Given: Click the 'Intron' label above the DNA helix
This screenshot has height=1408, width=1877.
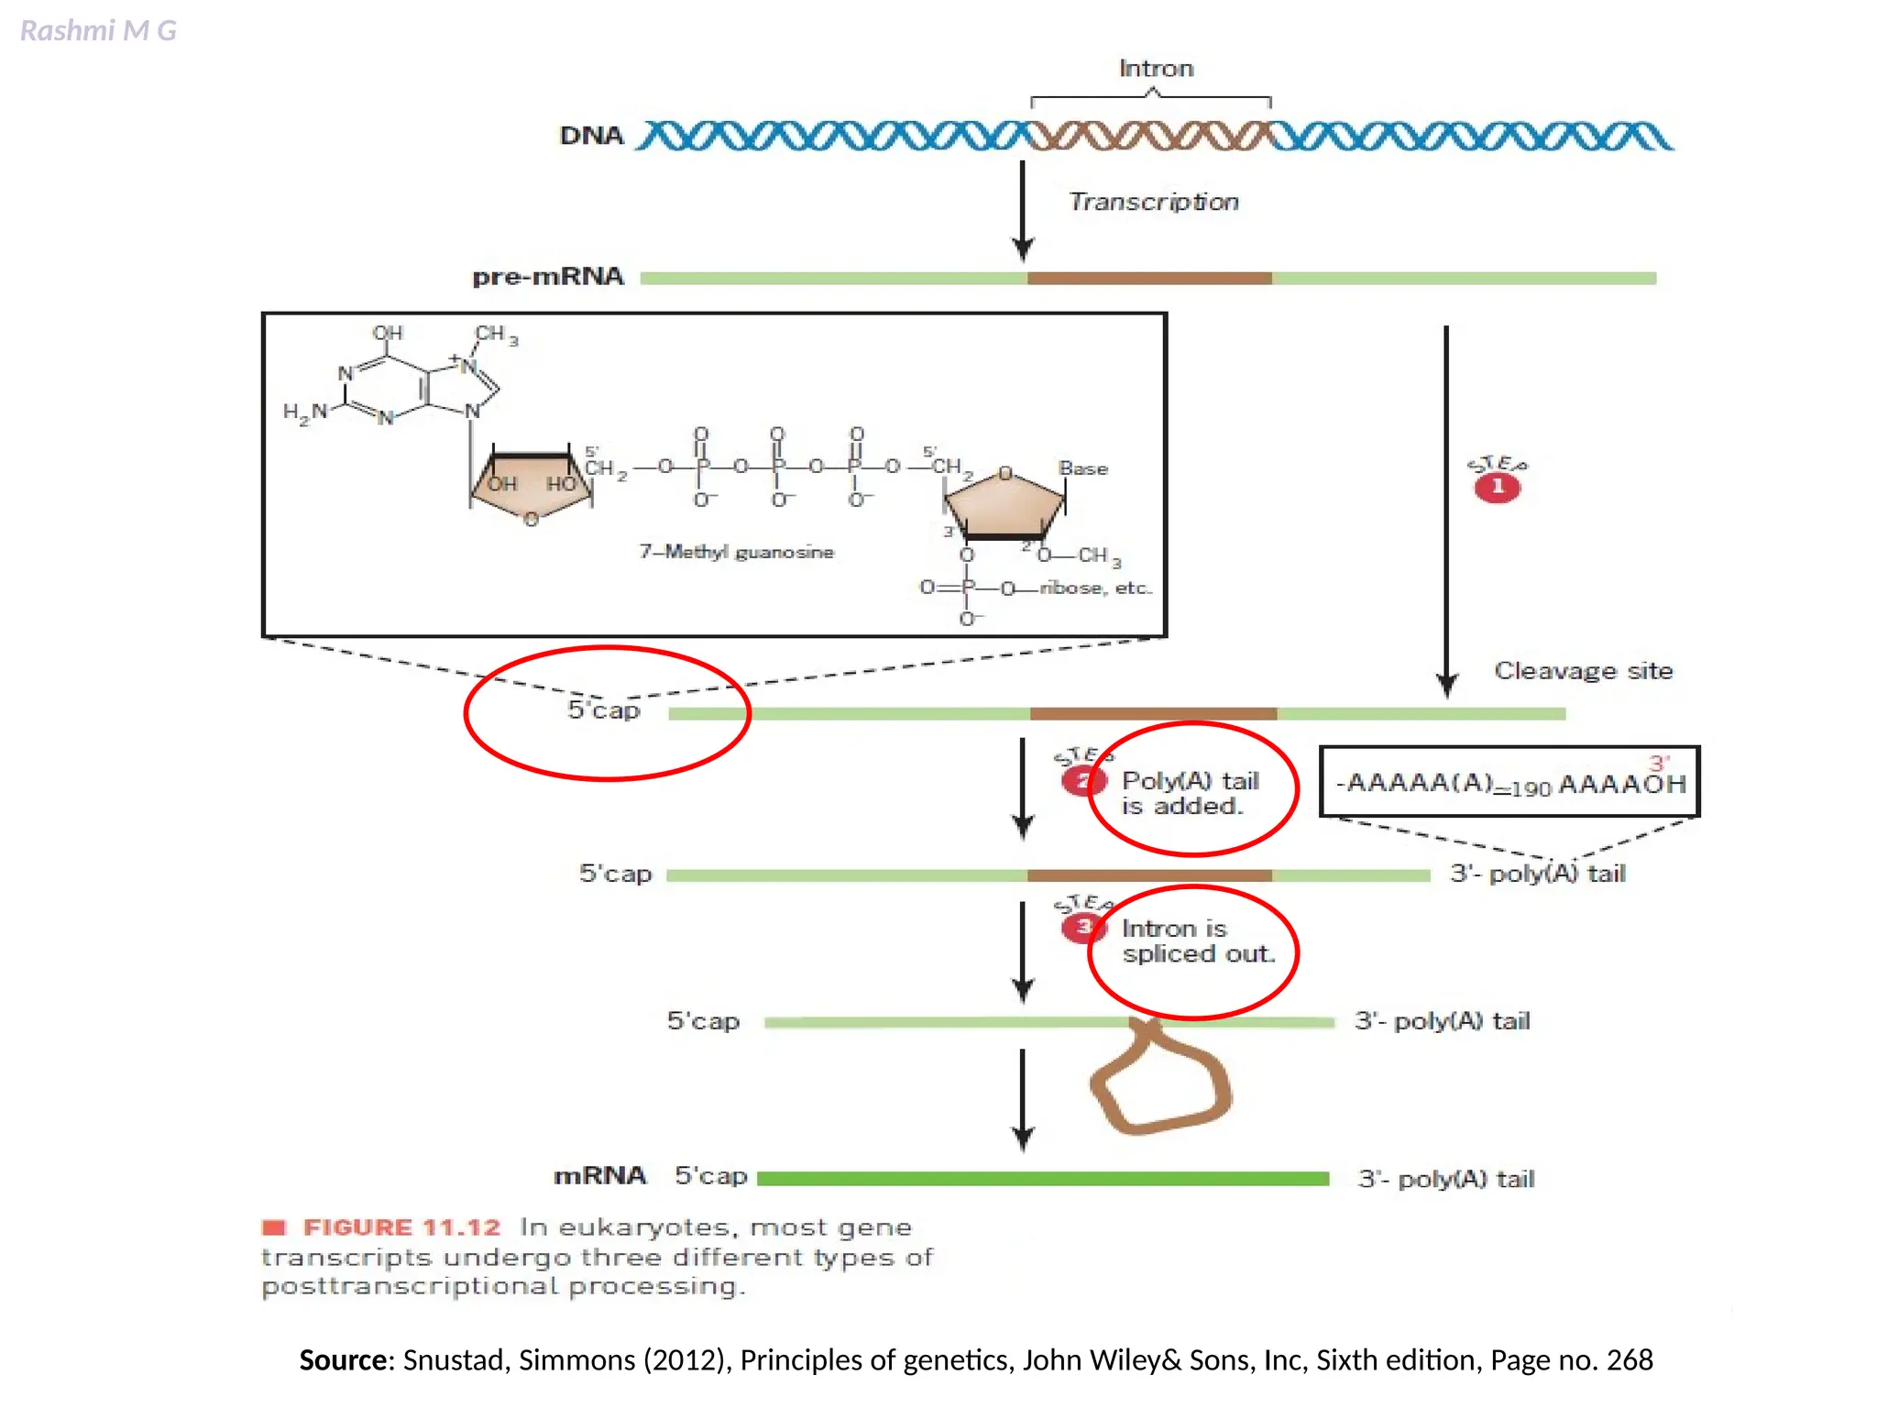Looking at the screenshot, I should coord(1156,69).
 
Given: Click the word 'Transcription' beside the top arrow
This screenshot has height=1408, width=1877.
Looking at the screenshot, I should coord(1153,202).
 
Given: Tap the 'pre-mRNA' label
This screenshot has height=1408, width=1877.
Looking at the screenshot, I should coord(547,276).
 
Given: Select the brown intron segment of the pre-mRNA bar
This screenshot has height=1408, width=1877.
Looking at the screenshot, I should coord(1148,278).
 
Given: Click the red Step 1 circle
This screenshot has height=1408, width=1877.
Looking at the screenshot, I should coord(1497,487).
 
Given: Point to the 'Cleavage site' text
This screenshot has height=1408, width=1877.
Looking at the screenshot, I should coord(1583,671).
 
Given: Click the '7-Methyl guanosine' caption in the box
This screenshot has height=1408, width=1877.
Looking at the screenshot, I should coord(736,552).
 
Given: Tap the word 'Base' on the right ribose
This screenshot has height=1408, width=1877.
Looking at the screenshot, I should coord(1082,468).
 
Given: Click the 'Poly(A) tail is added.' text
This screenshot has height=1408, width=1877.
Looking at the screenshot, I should coord(1189,793).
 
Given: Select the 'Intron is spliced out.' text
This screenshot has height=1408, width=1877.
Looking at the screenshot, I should coord(1197,941).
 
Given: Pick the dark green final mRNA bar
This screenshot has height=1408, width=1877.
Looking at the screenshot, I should coord(1042,1179).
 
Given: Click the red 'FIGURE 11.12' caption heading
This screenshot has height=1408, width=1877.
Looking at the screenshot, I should coord(401,1227).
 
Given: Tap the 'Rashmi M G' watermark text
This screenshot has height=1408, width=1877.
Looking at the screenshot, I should coord(98,31).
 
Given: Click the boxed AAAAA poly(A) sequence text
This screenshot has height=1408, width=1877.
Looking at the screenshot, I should coord(1509,784).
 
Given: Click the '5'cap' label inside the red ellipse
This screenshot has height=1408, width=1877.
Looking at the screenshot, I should coord(603,710).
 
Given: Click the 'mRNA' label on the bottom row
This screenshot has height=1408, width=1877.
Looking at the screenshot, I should coord(599,1176).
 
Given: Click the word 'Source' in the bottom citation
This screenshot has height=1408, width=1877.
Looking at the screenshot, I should coord(344,1359).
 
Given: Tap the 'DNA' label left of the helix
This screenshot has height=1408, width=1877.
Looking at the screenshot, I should coord(591,136).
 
